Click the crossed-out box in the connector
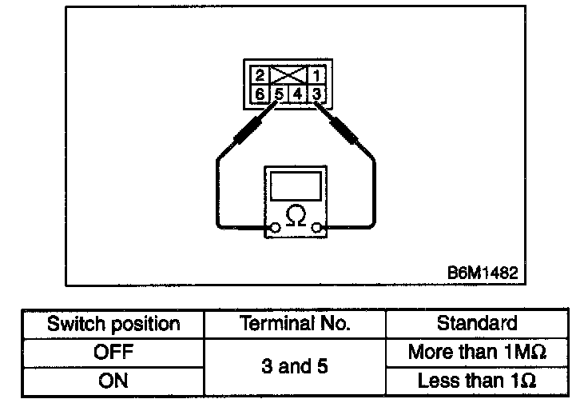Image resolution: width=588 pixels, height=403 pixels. click(x=288, y=77)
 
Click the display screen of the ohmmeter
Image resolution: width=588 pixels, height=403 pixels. click(x=296, y=186)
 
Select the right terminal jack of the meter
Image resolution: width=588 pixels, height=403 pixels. click(x=318, y=229)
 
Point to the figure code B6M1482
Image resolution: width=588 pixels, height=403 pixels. click(x=483, y=272)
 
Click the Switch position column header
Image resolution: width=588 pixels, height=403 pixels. click(x=113, y=325)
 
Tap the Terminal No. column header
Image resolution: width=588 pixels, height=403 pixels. click(x=295, y=325)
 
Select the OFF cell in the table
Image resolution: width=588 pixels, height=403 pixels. click(x=113, y=351)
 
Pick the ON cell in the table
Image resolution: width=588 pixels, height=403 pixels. click(x=113, y=381)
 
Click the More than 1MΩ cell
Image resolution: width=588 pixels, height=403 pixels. click(x=478, y=351)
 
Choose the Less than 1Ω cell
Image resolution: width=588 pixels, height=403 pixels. click(x=478, y=381)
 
